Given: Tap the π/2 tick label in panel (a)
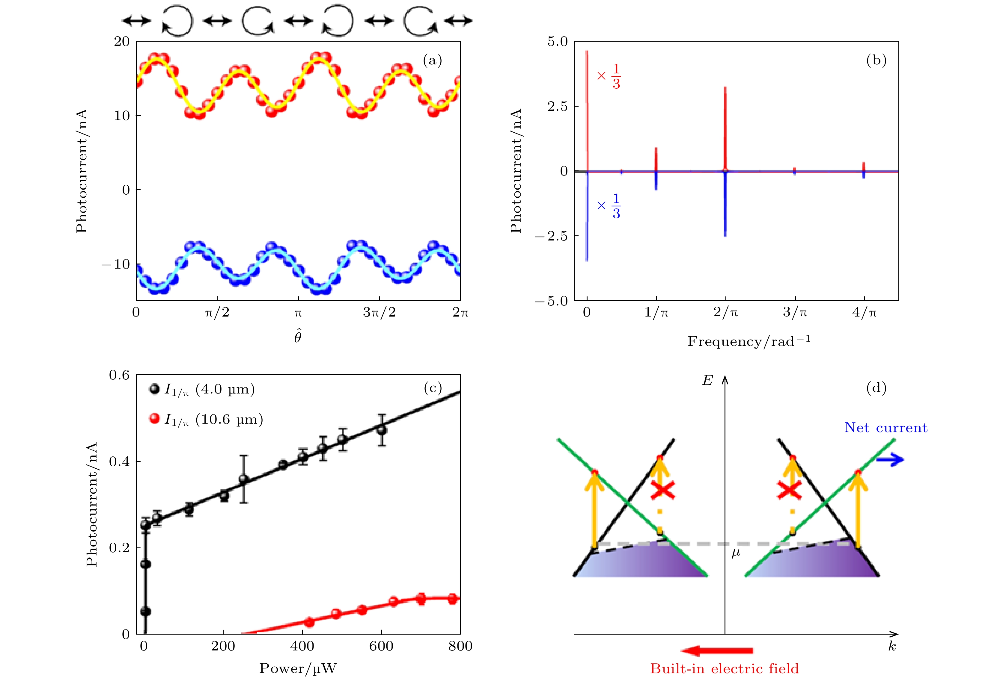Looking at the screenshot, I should (x=217, y=312).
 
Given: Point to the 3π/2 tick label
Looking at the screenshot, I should (x=379, y=312).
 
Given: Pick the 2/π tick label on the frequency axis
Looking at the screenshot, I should (x=725, y=312).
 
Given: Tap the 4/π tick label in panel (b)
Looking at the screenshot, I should (x=865, y=312).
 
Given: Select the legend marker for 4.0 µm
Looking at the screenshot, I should (x=154, y=389).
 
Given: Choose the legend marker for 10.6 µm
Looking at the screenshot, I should (x=154, y=418).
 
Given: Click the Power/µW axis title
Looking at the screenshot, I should (x=298, y=668).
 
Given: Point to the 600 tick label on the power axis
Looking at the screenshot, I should (x=381, y=646).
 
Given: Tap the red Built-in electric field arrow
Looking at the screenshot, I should (x=717, y=651).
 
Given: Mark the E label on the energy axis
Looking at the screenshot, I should (x=708, y=380).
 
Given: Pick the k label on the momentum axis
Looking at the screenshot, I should (x=892, y=647).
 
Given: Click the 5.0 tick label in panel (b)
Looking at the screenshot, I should (x=557, y=42).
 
